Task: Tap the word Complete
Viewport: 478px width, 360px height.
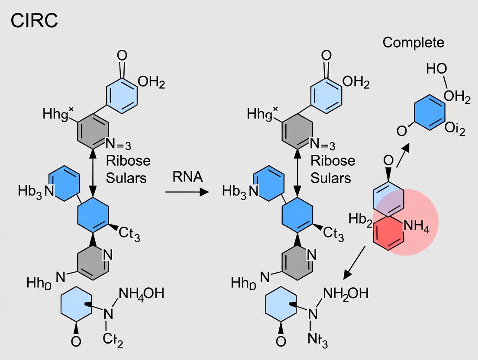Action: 413,42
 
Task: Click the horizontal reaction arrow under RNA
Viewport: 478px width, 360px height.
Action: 187,192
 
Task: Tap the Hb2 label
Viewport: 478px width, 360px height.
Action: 361,220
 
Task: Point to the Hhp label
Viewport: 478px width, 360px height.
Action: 243,283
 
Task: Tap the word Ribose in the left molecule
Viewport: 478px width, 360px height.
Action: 128,161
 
